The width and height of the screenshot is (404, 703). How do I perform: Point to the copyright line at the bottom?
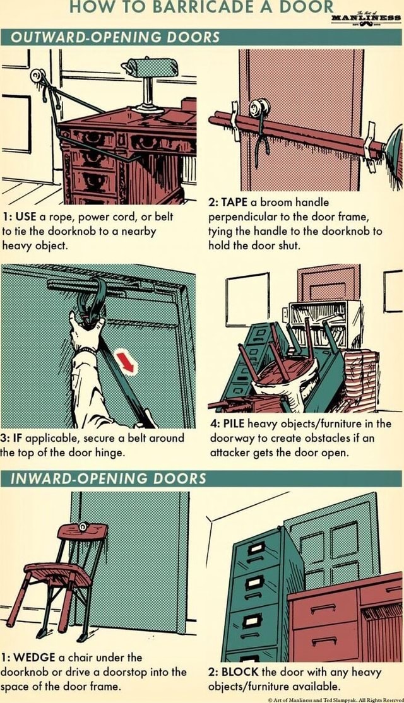click(334, 699)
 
